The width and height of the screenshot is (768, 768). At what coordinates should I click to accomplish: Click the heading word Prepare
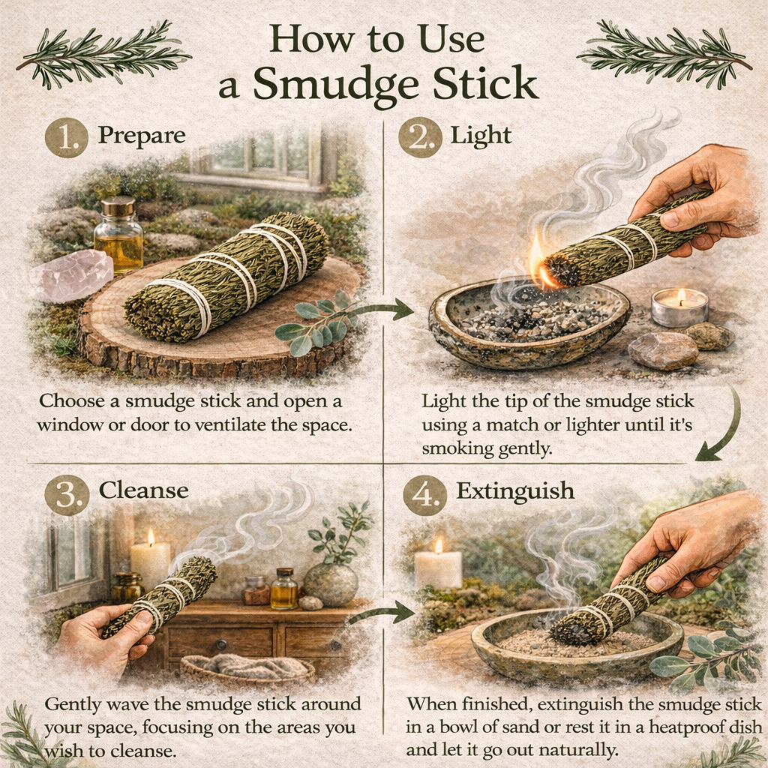(x=142, y=136)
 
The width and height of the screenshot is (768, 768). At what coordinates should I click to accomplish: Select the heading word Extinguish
(x=515, y=492)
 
